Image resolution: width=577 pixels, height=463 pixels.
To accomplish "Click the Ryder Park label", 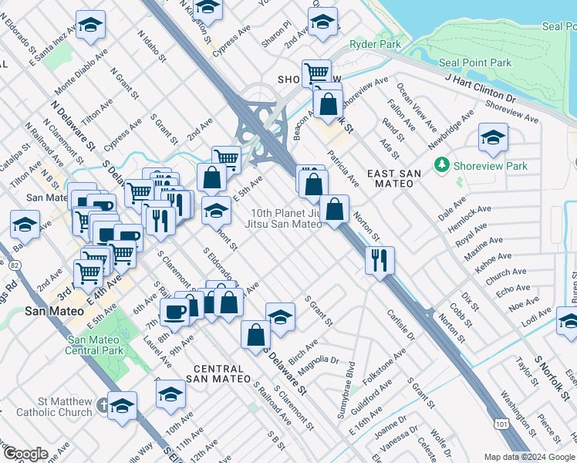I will pyautogui.click(x=375, y=45).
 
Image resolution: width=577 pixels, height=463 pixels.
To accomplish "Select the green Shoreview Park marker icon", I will pyautogui.click(x=442, y=165).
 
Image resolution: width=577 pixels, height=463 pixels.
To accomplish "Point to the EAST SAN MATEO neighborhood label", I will pyautogui.click(x=393, y=179).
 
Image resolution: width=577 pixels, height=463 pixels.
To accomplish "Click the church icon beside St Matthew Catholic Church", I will pyautogui.click(x=103, y=404).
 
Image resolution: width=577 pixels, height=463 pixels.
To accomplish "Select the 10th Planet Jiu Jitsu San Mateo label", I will pyautogui.click(x=285, y=218).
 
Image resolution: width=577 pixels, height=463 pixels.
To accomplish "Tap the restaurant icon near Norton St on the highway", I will pyautogui.click(x=380, y=260).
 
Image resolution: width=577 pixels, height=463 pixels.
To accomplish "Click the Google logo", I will pyautogui.click(x=25, y=453).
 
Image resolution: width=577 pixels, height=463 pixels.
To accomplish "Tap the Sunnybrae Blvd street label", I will pyautogui.click(x=345, y=390).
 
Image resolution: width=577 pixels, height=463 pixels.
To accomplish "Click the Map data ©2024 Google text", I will pyautogui.click(x=529, y=457).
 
